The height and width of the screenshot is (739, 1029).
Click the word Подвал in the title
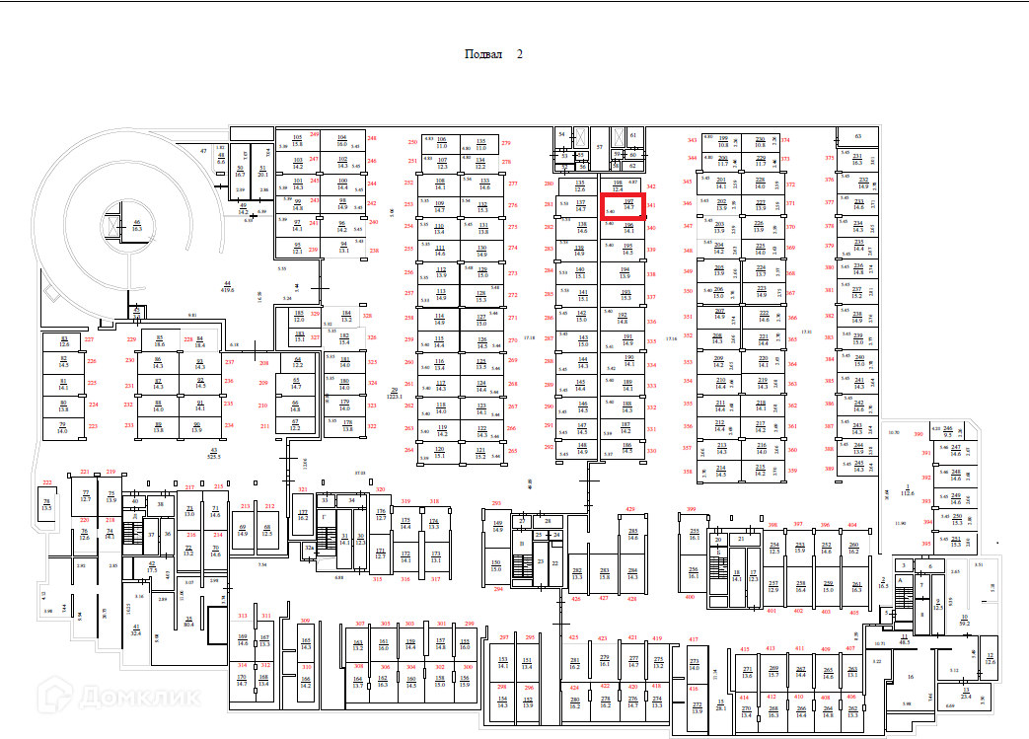click(x=483, y=54)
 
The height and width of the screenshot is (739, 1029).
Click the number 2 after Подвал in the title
click(x=520, y=54)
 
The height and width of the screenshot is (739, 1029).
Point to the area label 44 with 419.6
click(x=227, y=287)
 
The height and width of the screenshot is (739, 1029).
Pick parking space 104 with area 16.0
click(x=342, y=139)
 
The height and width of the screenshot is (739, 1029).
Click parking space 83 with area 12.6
click(x=64, y=341)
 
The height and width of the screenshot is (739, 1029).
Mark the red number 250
click(x=411, y=142)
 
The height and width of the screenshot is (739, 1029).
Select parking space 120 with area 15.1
click(x=440, y=452)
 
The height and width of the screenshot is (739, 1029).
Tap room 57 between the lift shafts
click(x=599, y=145)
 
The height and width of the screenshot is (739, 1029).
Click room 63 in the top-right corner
click(x=858, y=135)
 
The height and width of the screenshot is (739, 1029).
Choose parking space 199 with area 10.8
click(x=723, y=140)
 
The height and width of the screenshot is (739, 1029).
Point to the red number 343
click(x=692, y=140)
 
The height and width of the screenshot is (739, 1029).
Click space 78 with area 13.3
click(x=46, y=504)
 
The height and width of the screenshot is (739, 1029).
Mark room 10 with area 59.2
click(x=963, y=620)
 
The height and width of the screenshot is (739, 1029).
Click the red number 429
click(x=630, y=509)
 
